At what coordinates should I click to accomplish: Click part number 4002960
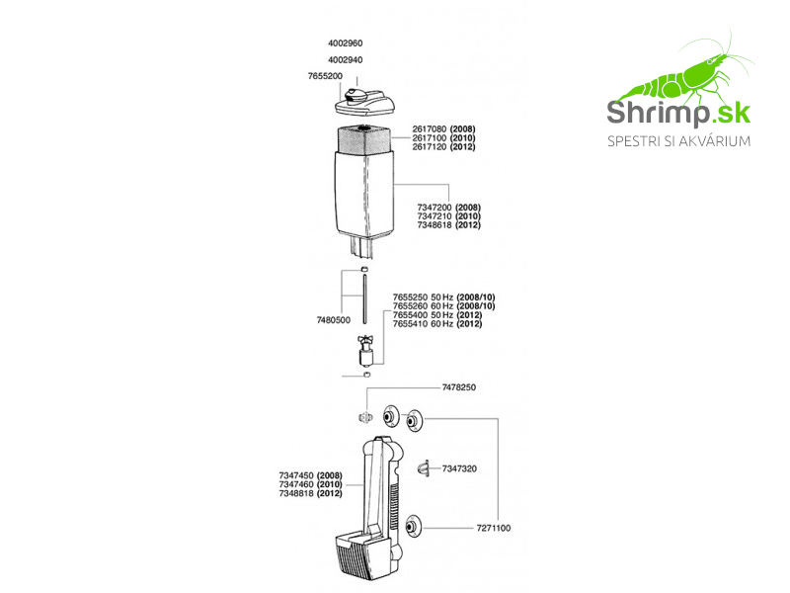(345, 43)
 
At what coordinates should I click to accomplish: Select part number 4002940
(345, 60)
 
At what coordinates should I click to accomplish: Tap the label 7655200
(325, 76)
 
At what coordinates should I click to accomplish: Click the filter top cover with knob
(364, 102)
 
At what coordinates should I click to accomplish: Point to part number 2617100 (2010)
(443, 138)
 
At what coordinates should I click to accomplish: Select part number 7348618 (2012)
(448, 225)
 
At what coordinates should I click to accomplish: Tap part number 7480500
(333, 320)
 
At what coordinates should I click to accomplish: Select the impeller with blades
(365, 351)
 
